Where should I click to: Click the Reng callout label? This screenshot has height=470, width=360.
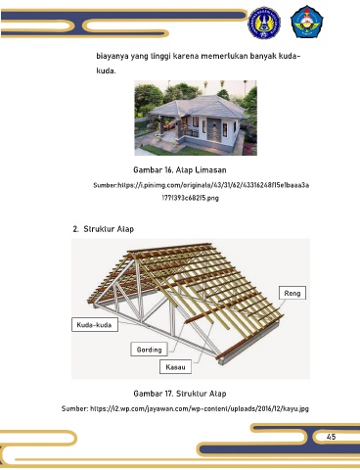[292, 293]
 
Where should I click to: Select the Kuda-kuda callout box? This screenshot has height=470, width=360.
[95, 325]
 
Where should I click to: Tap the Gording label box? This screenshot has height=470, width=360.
[149, 350]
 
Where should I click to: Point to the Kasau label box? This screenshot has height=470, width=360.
[175, 367]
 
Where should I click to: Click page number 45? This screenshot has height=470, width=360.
[331, 437]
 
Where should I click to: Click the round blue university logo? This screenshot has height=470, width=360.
[264, 23]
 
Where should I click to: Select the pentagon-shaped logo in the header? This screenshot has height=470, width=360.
[307, 22]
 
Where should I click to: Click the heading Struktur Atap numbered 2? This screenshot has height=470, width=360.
[104, 229]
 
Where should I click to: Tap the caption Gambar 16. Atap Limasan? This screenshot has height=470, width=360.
[180, 170]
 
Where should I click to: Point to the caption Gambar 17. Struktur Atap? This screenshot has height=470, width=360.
[180, 394]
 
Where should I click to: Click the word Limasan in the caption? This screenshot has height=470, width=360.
[210, 170]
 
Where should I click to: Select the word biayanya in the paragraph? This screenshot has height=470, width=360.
[112, 57]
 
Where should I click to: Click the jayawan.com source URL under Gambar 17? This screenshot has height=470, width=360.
[200, 408]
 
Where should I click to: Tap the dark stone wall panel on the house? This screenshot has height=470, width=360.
[213, 129]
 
